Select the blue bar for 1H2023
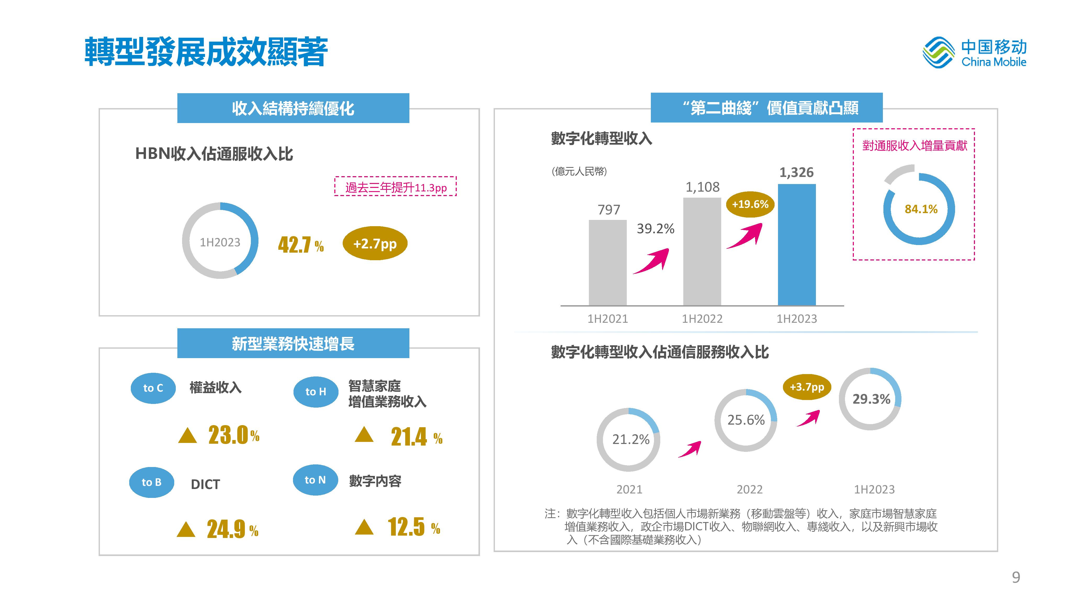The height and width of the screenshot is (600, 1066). pos(797,244)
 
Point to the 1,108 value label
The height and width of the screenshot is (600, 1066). pos(702,187)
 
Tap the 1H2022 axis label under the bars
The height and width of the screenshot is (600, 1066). pos(702,319)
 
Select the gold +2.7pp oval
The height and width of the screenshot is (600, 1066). pos(375,243)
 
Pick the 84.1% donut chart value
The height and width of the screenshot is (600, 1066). pos(921,209)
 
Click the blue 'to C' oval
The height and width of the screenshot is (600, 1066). pos(153,388)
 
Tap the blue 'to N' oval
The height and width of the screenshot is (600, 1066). pos(315,480)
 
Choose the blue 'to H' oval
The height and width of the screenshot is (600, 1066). pos(316,392)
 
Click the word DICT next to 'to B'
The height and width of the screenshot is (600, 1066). pos(205,484)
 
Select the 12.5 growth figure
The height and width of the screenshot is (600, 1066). pos(406,527)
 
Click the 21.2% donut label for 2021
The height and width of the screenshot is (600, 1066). pos(631,439)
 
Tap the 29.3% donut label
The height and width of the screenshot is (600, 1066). pos(871,399)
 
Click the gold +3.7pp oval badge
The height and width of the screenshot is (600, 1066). pos(807,387)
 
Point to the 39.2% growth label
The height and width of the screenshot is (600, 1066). pos(656,229)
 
